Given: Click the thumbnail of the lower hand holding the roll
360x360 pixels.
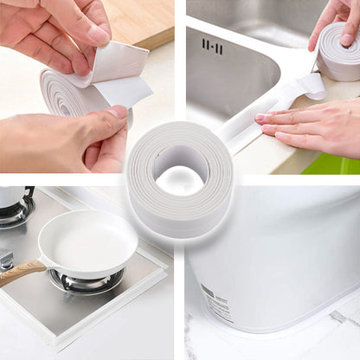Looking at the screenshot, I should (118, 112).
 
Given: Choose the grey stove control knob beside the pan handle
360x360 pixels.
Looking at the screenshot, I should (6, 259).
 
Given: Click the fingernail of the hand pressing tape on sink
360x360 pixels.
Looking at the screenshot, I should (260, 118).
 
